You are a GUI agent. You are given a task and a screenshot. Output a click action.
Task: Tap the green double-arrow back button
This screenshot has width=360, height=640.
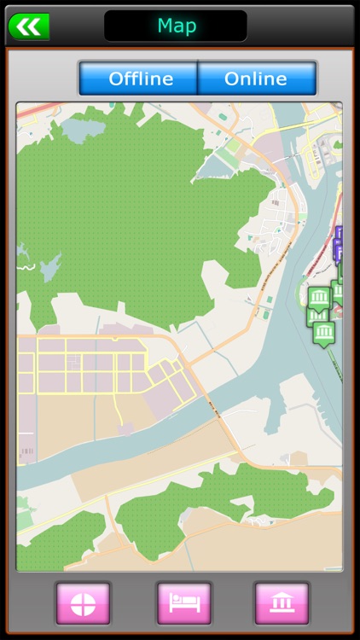(29, 26)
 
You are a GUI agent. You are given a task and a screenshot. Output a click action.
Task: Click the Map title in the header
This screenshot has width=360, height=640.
(176, 26)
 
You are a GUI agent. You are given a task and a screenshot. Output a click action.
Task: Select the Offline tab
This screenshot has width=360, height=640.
(140, 79)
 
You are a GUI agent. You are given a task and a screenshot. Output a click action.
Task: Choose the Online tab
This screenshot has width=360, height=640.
(256, 79)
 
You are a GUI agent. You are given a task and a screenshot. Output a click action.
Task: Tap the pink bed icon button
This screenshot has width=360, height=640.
(183, 602)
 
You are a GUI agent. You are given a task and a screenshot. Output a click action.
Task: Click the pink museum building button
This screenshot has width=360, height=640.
(282, 602)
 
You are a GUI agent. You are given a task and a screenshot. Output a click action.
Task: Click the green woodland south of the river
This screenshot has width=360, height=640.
(213, 503)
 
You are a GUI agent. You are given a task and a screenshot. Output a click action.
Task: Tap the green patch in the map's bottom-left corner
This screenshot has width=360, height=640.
(55, 542)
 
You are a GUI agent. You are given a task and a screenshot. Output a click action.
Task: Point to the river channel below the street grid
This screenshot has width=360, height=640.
(111, 452)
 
